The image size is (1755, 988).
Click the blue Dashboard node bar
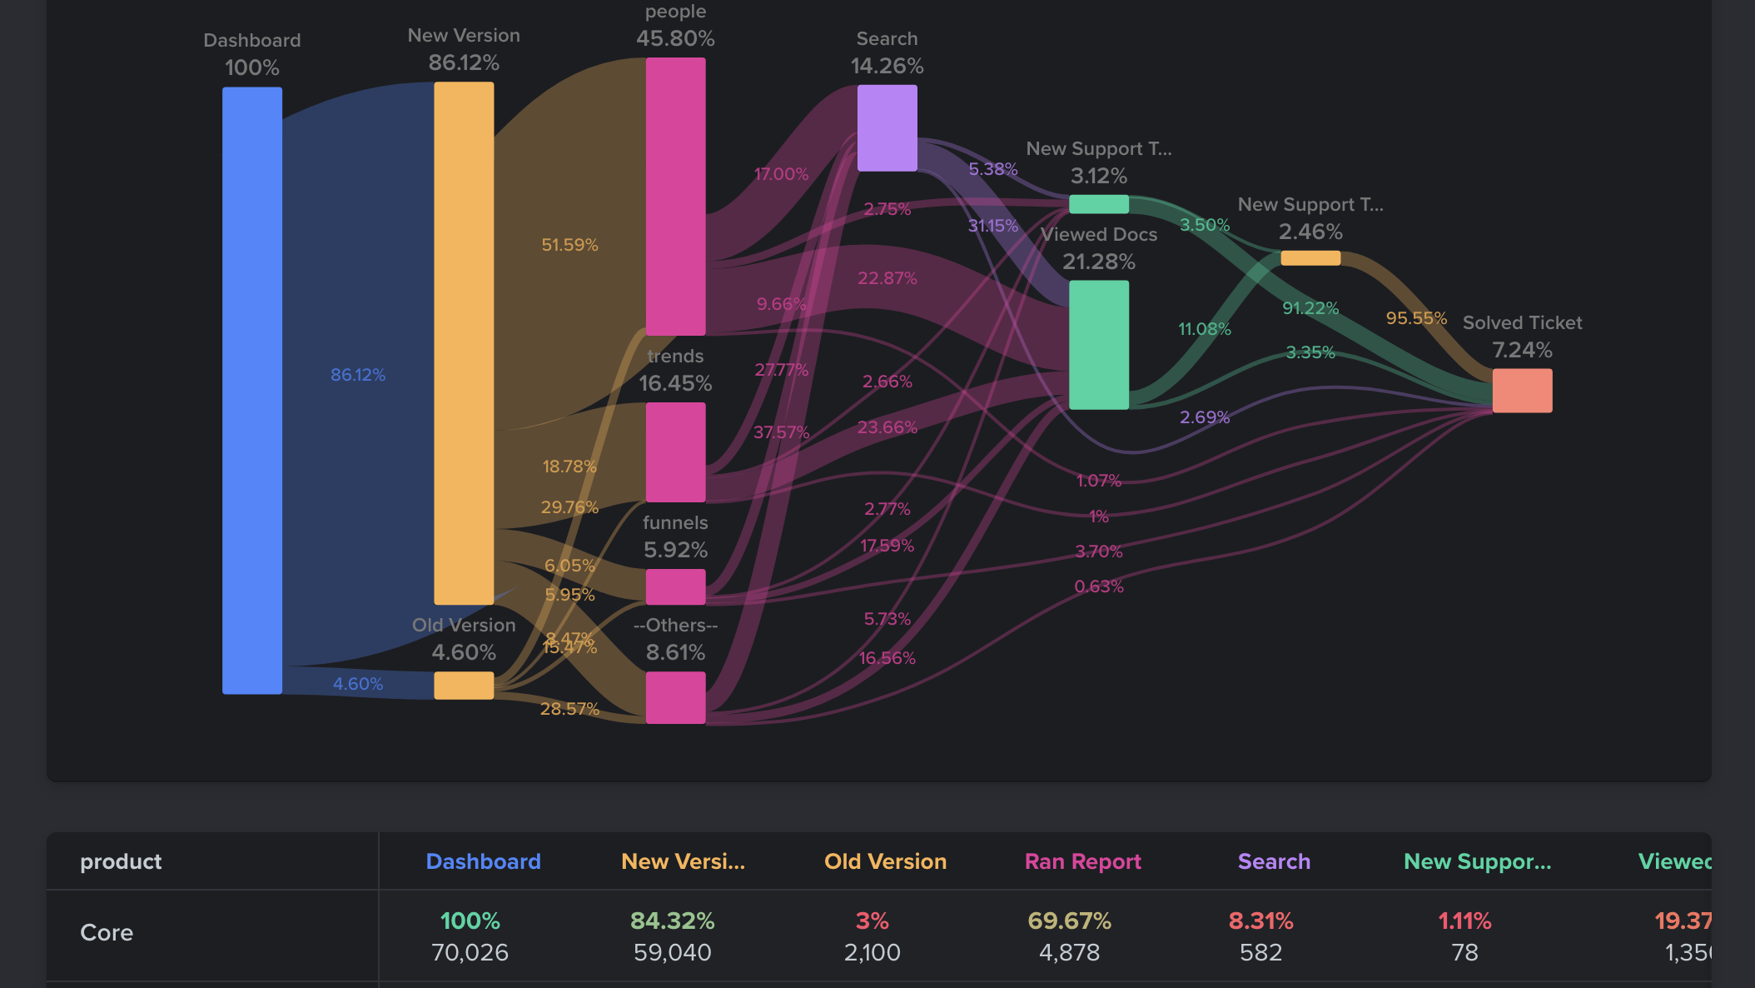[251, 390]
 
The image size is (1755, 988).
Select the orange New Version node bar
[464, 342]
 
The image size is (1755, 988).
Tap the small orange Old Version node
[464, 686]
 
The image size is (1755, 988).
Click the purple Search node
[887, 127]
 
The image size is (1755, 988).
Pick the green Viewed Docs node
[1098, 344]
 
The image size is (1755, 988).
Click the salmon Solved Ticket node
[1522, 390]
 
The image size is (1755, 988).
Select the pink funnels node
[675, 586]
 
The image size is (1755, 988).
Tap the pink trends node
[675, 452]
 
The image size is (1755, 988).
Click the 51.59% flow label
[569, 245]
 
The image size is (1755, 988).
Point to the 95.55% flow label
[1415, 318]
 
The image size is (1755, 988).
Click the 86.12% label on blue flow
[358, 375]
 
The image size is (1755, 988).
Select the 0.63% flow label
[1098, 586]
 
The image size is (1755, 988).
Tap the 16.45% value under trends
[675, 383]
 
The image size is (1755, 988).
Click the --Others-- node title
[675, 625]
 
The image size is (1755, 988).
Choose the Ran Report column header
[1082, 861]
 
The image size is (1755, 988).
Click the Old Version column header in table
[885, 861]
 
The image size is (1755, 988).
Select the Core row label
[107, 932]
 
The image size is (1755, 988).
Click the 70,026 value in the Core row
[470, 952]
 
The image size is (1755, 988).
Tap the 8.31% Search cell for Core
[1260, 921]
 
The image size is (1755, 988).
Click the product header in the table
[121, 861]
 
